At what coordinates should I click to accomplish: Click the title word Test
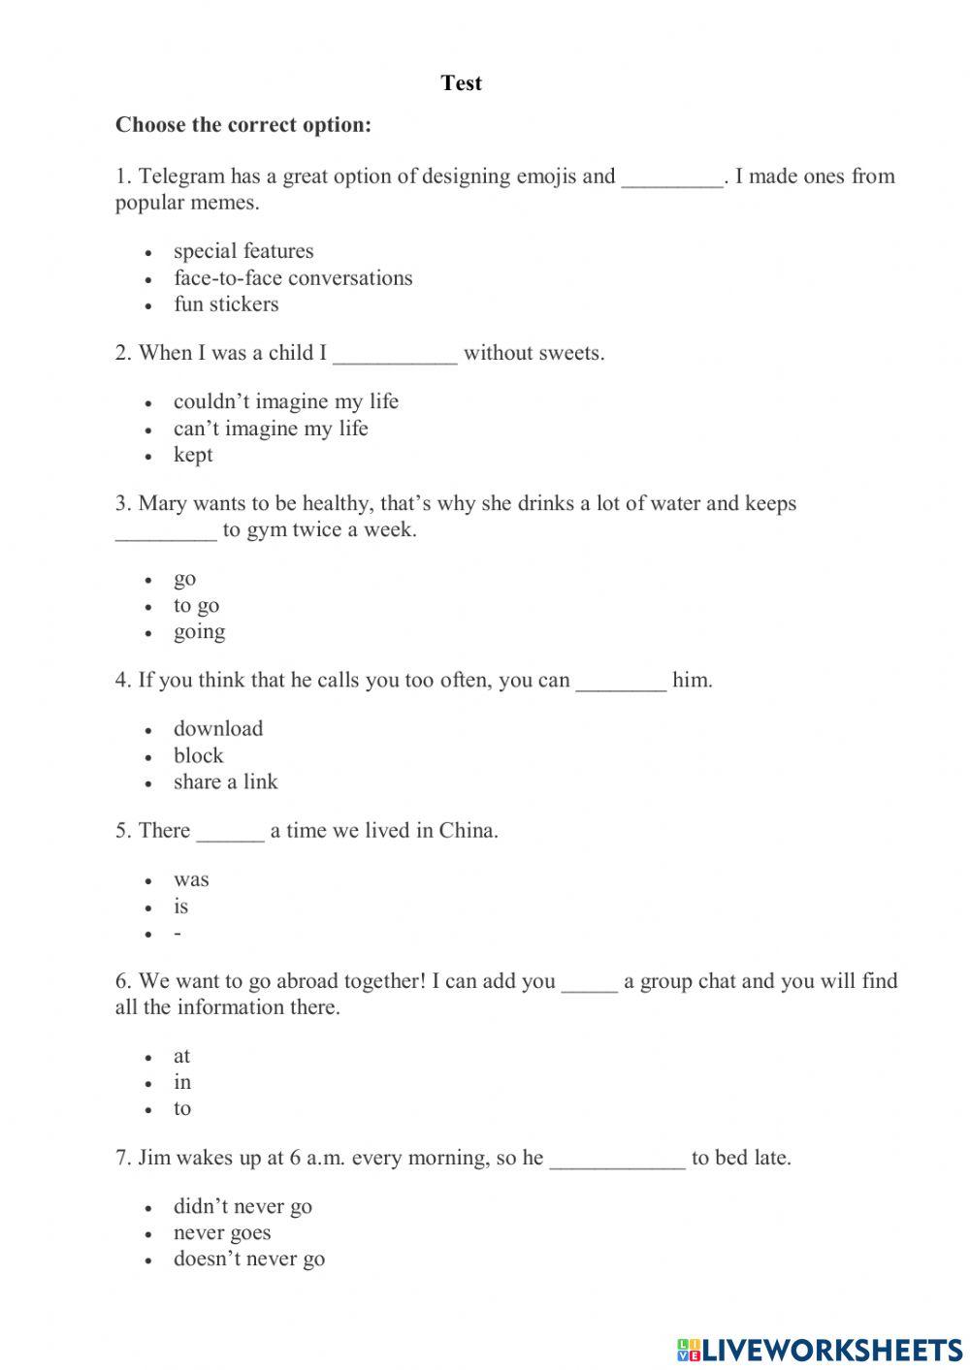tap(461, 83)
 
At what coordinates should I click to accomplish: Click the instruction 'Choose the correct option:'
tap(243, 125)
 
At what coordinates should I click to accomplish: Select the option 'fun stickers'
tap(226, 304)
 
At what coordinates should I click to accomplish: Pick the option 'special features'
tap(243, 251)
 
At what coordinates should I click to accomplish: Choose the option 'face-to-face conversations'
tap(293, 278)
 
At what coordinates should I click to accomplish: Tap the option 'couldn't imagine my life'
tap(286, 401)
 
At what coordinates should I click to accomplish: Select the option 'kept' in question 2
tap(193, 455)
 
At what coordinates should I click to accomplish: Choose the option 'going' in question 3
tap(200, 632)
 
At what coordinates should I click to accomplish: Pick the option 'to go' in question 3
tap(196, 606)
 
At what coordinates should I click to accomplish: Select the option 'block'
tap(198, 756)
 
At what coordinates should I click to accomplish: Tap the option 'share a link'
tap(225, 782)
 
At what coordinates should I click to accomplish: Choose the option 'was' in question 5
tap(191, 880)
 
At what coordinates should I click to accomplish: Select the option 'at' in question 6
tap(182, 1057)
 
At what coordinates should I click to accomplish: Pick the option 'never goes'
tap(222, 1233)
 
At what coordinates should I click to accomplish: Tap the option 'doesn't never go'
tap(249, 1259)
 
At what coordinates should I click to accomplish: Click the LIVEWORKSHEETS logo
tap(820, 1349)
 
